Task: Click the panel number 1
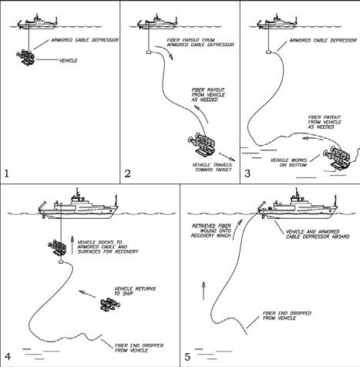(x=7, y=173)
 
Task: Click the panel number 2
(x=127, y=173)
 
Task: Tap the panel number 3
(x=247, y=173)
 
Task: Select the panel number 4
(x=8, y=356)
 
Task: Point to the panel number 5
(x=187, y=357)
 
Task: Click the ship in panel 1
(x=37, y=22)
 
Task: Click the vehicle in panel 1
(x=25, y=58)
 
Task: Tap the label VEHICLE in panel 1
(x=69, y=61)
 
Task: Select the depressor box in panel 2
(x=149, y=52)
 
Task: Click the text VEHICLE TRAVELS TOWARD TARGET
(x=212, y=167)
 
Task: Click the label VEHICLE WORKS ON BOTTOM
(x=288, y=163)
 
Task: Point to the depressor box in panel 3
(x=269, y=52)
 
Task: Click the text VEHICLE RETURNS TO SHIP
(x=135, y=291)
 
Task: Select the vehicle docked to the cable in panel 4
(x=57, y=247)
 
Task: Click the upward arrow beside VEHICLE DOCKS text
(x=72, y=244)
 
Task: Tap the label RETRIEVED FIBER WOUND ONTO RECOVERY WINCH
(x=211, y=231)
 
